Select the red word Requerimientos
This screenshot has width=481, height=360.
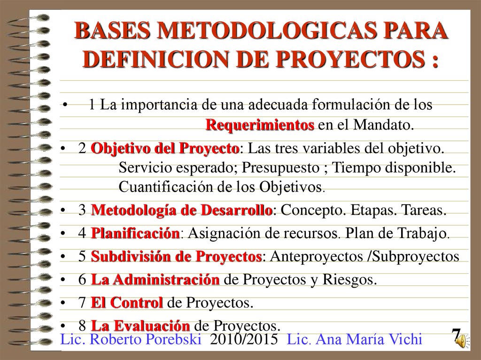[x=260, y=125]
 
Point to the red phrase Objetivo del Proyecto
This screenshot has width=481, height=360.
[x=165, y=149]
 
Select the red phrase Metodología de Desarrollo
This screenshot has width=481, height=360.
[x=181, y=210]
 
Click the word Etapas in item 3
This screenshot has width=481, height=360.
[x=371, y=210]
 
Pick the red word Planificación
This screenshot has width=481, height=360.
[x=135, y=233]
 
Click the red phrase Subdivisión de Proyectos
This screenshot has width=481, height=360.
[x=176, y=257]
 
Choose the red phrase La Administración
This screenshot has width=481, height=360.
[x=155, y=280]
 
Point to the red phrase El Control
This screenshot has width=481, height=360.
[x=127, y=303]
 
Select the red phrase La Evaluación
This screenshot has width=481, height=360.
[x=140, y=325]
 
